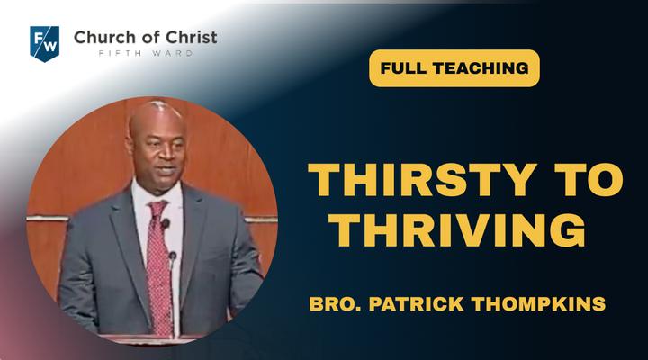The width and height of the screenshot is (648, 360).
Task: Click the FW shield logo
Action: pyautogui.click(x=45, y=44)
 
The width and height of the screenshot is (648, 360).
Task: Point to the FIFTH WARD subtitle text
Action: pyautogui.click(x=146, y=53)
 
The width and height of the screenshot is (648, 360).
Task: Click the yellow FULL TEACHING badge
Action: pyautogui.click(x=454, y=68)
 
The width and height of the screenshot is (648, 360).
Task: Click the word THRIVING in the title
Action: pyautogui.click(x=456, y=230)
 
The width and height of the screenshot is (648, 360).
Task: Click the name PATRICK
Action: pyautogui.click(x=416, y=304)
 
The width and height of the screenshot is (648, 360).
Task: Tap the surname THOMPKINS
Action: pyautogui.click(x=538, y=304)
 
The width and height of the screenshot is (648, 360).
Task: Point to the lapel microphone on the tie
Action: pyautogui.click(x=166, y=223)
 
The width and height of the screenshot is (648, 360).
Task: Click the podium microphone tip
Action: pyautogui.click(x=172, y=256)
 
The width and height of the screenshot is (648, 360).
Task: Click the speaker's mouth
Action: pyautogui.click(x=166, y=170)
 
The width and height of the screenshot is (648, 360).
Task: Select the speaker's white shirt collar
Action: pyautogui.click(x=157, y=194)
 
